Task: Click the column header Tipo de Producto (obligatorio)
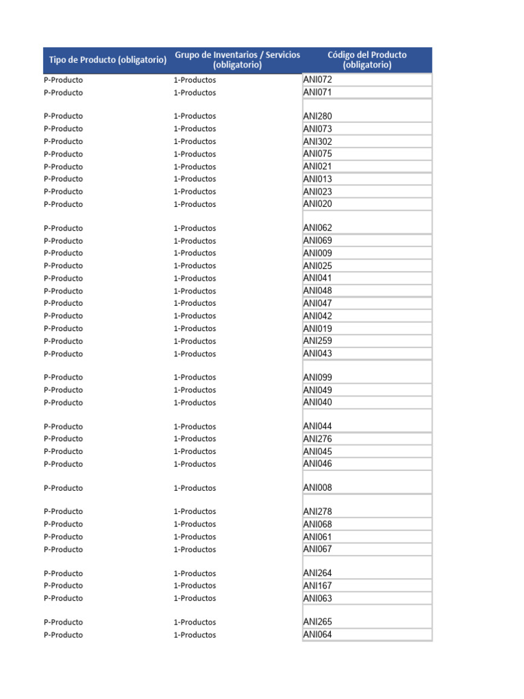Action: [107, 60]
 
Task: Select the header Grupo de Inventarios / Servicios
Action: [237, 60]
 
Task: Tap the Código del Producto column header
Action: [367, 60]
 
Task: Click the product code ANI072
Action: [318, 80]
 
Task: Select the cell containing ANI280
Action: [318, 117]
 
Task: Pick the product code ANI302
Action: [318, 142]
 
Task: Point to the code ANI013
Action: [318, 180]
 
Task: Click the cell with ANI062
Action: [318, 228]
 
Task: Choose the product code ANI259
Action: [318, 341]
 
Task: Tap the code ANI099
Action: [318, 377]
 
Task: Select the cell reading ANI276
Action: [318, 439]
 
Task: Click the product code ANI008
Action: [318, 488]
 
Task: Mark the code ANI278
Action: [318, 512]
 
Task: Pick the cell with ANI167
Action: [318, 586]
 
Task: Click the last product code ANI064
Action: [318, 635]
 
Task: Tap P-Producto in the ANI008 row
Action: [63, 488]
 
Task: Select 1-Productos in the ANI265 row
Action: [194, 623]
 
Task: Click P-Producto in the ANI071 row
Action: [63, 93]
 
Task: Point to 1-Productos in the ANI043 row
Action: [194, 354]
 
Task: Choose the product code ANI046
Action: [318, 464]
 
